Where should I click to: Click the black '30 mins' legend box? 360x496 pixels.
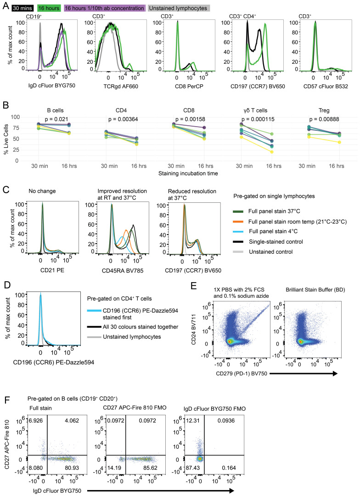(x=22, y=8)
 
